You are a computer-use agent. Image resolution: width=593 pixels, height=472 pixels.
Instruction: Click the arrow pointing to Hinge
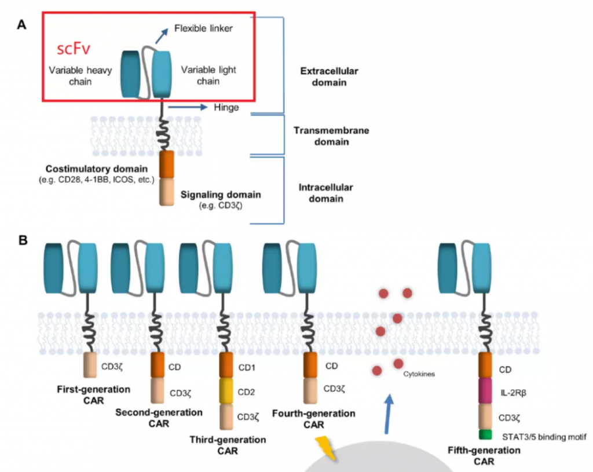click(x=188, y=107)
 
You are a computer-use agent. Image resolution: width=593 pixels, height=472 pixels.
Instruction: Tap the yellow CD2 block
click(x=226, y=391)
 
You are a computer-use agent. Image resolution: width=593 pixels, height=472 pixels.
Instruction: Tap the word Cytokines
click(x=418, y=374)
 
